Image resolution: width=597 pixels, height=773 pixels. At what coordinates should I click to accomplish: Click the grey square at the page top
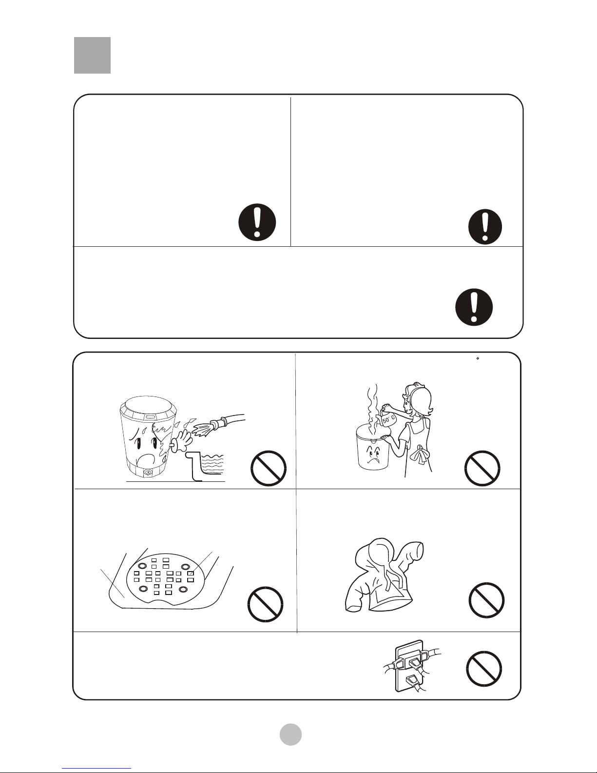click(x=93, y=55)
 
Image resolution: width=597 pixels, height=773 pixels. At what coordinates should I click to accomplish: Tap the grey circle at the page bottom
click(x=290, y=734)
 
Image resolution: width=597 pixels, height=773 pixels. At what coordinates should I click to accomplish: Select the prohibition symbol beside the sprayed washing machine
click(x=269, y=468)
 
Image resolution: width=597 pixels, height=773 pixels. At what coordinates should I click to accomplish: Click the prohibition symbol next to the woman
click(x=482, y=468)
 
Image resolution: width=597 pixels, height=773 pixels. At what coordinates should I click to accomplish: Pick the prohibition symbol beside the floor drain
click(x=266, y=604)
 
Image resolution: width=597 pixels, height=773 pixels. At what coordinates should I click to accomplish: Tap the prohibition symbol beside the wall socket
click(x=484, y=669)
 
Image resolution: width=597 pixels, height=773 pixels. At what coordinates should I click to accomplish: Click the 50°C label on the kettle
click(x=389, y=420)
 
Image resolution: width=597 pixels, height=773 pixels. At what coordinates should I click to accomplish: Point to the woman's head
click(x=419, y=399)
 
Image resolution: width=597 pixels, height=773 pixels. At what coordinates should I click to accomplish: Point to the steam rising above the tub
click(x=373, y=406)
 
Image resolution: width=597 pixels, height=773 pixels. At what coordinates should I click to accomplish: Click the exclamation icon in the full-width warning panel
click(x=474, y=307)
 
